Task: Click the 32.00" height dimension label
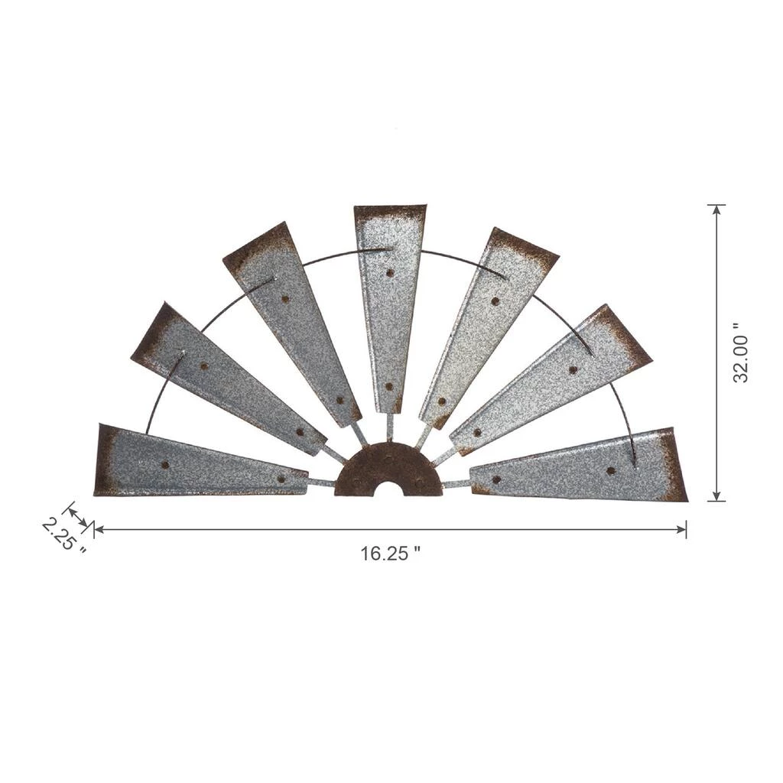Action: pyautogui.click(x=741, y=352)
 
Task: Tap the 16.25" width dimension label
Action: pyautogui.click(x=391, y=554)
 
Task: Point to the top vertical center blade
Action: pyautogui.click(x=389, y=310)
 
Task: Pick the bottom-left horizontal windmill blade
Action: pyautogui.click(x=200, y=462)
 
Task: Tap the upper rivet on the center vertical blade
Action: pyautogui.click(x=389, y=273)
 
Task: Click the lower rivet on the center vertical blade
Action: pyautogui.click(x=389, y=386)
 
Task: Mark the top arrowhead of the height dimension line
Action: pyautogui.click(x=717, y=210)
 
